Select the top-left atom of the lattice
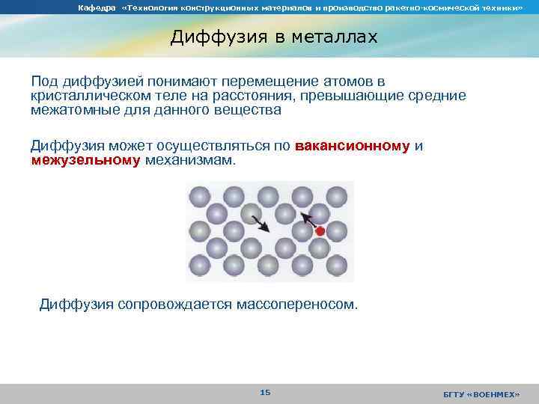pos(200,197)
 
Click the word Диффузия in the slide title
pos(214,37)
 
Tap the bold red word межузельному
pos(86,160)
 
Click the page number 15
pos(265,392)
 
